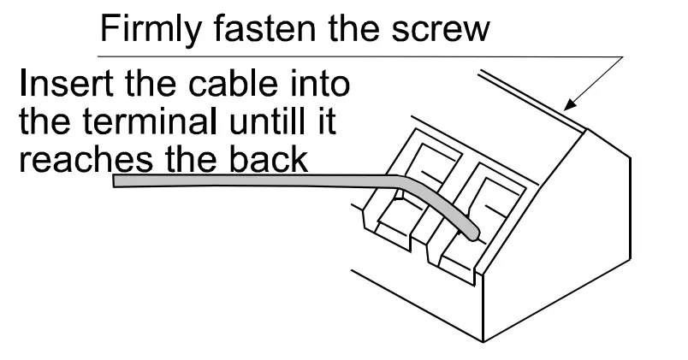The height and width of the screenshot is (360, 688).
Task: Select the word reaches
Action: pos(74,159)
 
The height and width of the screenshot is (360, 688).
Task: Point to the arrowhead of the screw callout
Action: pos(569,108)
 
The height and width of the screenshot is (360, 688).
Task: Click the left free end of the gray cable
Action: pos(117,181)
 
